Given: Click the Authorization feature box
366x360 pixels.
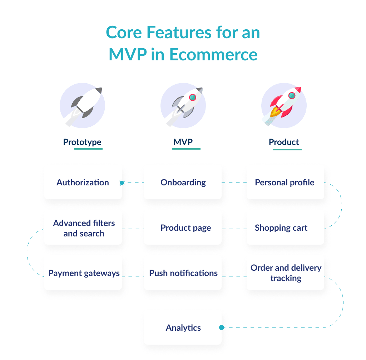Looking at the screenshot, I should pyautogui.click(x=83, y=182).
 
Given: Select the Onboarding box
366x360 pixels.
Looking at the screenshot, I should pyautogui.click(x=183, y=182).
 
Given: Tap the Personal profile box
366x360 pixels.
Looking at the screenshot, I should pyautogui.click(x=285, y=182).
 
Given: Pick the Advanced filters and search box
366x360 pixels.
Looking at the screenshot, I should pyautogui.click(x=84, y=228).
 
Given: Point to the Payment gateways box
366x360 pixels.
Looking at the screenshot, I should pyautogui.click(x=84, y=273).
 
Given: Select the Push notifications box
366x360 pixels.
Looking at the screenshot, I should pyautogui.click(x=183, y=273).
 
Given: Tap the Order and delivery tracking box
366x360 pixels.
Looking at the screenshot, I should pyautogui.click(x=286, y=273).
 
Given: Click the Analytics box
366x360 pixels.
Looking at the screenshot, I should pyautogui.click(x=183, y=328).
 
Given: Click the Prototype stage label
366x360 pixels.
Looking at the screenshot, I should pyautogui.click(x=82, y=142).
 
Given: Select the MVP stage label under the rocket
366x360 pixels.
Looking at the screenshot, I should pyautogui.click(x=183, y=142).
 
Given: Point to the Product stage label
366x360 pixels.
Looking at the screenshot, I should pyautogui.click(x=284, y=142).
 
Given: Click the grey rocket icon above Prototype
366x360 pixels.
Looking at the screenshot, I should pyautogui.click(x=83, y=106).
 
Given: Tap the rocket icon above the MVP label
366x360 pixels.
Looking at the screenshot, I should pyautogui.click(x=183, y=106).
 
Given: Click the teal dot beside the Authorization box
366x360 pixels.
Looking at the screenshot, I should pyautogui.click(x=122, y=183).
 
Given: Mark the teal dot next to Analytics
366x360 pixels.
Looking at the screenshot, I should pyautogui.click(x=222, y=327).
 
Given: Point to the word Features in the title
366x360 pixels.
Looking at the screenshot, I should pyautogui.click(x=170, y=33).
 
